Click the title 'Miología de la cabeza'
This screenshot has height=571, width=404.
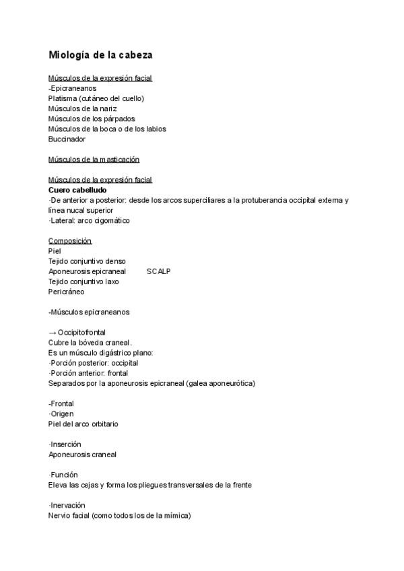pos(104,55)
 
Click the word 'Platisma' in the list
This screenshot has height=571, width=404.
pos(62,98)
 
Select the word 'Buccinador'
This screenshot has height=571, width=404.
pos(67,139)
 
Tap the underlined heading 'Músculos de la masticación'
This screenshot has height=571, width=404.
pos(94,160)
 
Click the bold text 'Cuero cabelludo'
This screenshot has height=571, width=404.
pos(77,190)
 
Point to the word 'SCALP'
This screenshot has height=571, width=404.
pos(158,271)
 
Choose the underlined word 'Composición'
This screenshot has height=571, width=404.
pos(70,241)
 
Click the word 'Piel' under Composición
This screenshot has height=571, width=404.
pos(55,251)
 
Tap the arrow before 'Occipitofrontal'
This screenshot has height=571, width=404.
pos(53,333)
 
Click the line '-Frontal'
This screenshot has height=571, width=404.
pos(61,403)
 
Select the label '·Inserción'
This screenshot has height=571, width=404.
pos(65,444)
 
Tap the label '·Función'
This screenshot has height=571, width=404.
pos(63,475)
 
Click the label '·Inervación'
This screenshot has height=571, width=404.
pos(66,505)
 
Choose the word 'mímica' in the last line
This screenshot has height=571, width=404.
pos(175,516)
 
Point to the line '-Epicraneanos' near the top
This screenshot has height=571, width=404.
pos(72,88)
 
